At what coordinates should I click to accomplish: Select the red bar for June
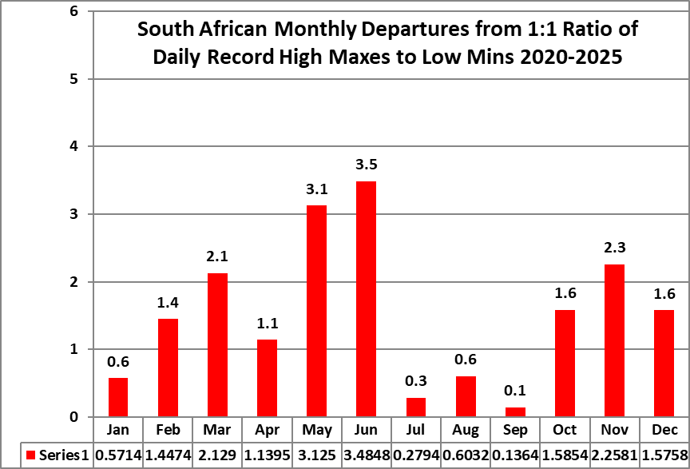[366, 299]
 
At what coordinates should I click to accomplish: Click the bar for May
[316, 311]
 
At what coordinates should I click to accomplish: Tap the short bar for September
[515, 412]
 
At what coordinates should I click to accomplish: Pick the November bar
[614, 340]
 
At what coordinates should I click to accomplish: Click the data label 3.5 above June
[366, 165]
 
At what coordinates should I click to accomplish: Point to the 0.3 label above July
[416, 382]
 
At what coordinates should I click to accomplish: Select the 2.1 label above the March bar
[217, 256]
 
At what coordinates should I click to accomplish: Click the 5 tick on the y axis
[73, 79]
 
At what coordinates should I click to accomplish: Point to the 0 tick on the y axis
[73, 417]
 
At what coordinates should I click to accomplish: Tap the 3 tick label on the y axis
[73, 214]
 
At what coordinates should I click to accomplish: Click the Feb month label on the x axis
[168, 431]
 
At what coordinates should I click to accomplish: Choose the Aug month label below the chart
[466, 431]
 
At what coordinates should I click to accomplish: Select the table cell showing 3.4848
[366, 455]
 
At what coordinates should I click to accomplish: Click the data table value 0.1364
[515, 455]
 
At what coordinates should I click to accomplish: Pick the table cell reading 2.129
[217, 455]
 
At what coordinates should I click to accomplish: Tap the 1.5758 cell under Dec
[664, 455]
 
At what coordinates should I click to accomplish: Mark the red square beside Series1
[32, 455]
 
